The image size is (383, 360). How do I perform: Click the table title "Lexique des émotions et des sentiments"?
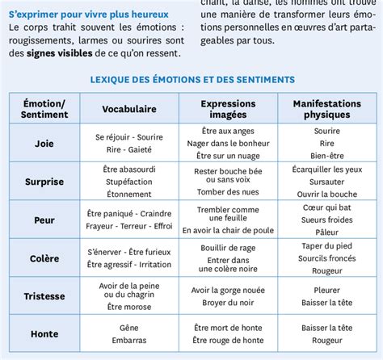click(x=191, y=79)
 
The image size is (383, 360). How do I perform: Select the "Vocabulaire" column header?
click(x=128, y=109)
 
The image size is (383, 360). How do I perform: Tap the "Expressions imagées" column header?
click(x=227, y=109)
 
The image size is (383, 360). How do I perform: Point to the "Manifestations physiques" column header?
click(x=326, y=109)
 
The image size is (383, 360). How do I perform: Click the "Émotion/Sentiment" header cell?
click(x=44, y=109)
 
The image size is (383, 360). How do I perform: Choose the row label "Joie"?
click(x=44, y=143)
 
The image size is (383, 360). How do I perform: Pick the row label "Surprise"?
click(x=44, y=182)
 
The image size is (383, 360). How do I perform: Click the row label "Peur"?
click(x=44, y=220)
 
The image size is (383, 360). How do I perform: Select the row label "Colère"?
click(x=44, y=258)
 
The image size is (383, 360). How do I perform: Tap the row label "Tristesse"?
click(x=44, y=296)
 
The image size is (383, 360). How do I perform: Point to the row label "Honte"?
click(x=44, y=334)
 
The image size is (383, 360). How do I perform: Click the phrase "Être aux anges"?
click(x=227, y=131)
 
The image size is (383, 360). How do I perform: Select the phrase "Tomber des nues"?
click(x=227, y=191)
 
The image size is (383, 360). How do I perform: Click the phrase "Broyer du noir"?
click(x=227, y=302)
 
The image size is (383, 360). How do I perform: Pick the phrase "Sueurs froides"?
click(x=326, y=220)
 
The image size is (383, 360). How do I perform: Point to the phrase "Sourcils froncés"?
click(x=326, y=258)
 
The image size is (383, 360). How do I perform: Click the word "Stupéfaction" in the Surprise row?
click(x=128, y=182)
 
